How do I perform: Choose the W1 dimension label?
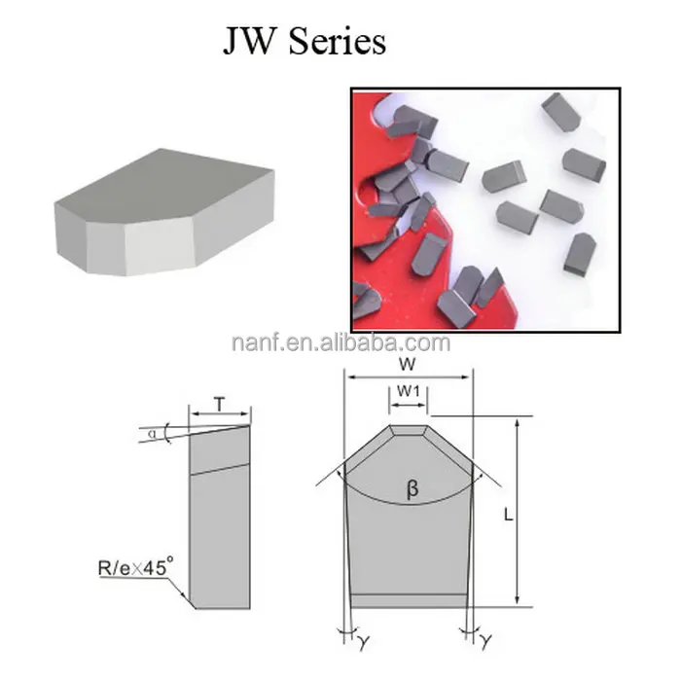[x=408, y=392]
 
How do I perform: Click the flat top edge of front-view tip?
[x=408, y=426]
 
